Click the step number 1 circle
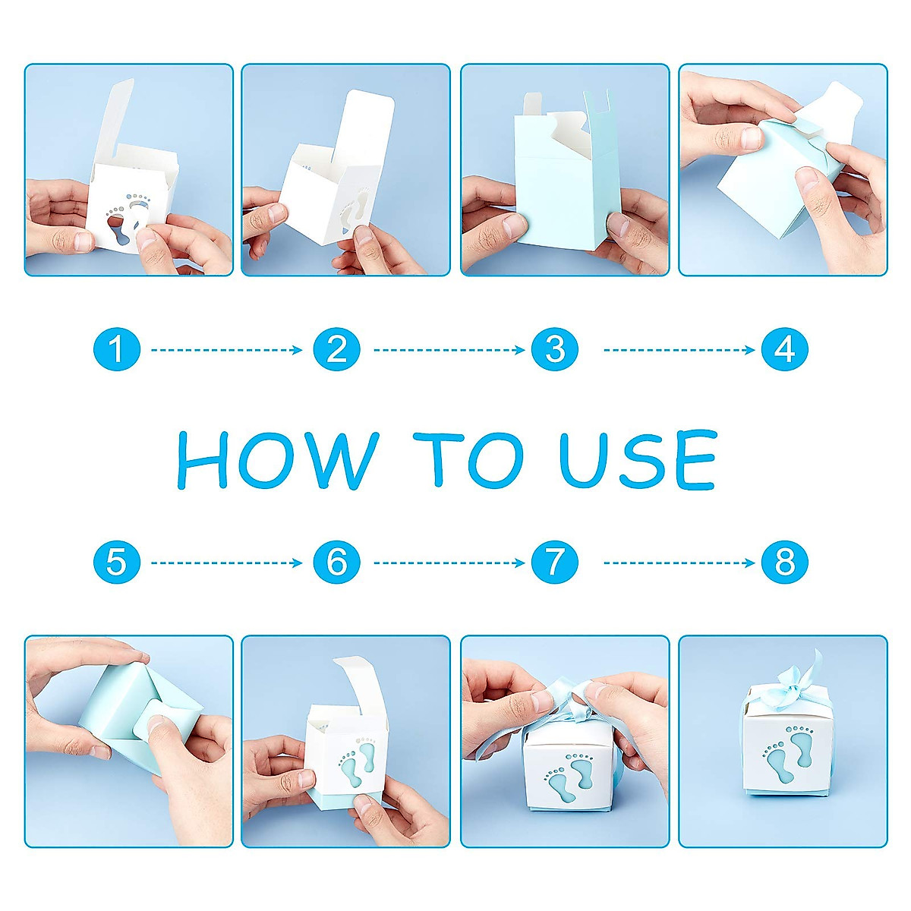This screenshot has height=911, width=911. point(117,350)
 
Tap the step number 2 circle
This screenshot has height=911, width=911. point(336,350)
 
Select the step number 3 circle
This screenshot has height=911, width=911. point(555,350)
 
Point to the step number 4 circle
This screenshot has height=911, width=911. point(785,350)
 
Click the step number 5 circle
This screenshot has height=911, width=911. point(117,563)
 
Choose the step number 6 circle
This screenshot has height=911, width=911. point(336,563)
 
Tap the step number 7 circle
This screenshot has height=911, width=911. point(555,563)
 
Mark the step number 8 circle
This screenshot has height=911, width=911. point(785,563)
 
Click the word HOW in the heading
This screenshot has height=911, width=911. point(278,460)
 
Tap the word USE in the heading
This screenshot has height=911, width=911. point(638,459)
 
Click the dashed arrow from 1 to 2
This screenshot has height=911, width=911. point(226,350)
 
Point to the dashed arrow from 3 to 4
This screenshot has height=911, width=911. point(679,350)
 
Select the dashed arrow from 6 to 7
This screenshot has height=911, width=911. point(449,563)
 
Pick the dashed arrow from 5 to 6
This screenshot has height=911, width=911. point(226,563)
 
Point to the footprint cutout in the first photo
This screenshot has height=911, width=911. point(128,216)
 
